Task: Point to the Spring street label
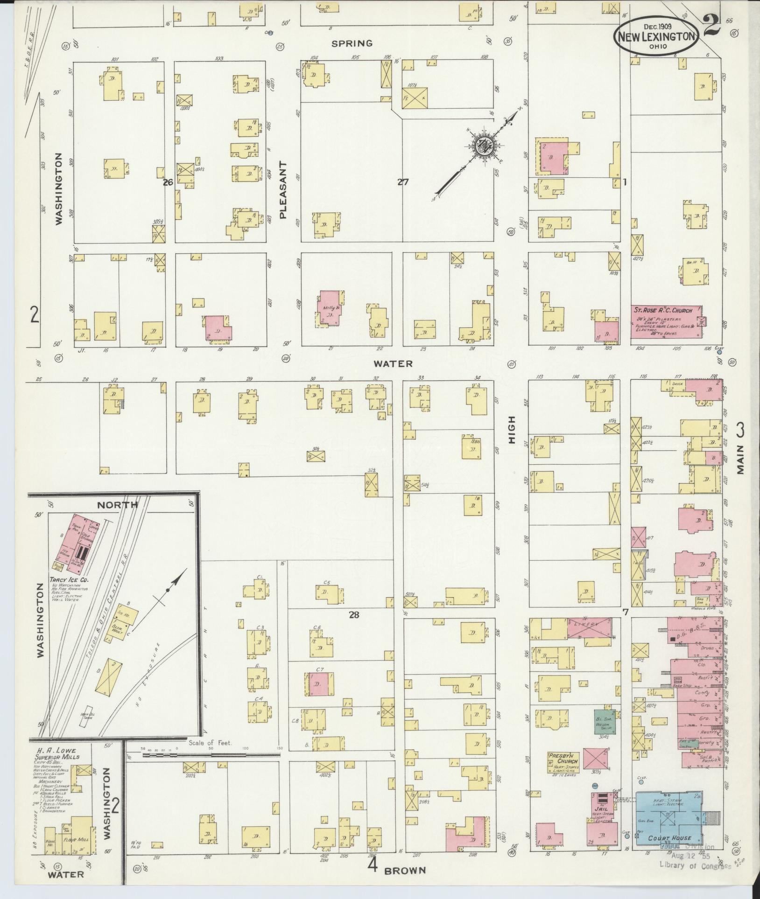(352, 43)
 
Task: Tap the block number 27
(402, 182)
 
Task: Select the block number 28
(354, 615)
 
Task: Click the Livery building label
(589, 624)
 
